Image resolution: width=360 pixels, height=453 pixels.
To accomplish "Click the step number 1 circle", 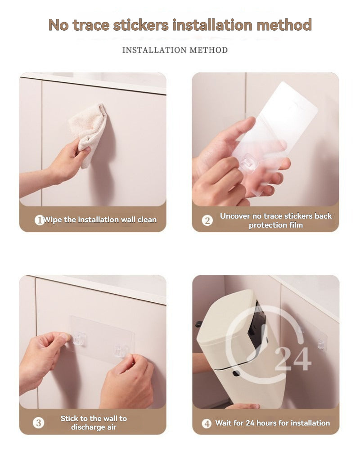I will click(x=39, y=220).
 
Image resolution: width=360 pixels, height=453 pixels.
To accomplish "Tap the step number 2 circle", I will click(x=207, y=220).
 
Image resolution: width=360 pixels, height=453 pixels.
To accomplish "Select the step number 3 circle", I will click(x=39, y=423).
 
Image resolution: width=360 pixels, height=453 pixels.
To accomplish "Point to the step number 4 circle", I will click(x=207, y=423).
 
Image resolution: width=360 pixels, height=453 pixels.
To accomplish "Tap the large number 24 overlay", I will click(x=292, y=358).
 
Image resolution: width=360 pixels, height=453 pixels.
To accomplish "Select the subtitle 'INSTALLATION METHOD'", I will click(x=175, y=49).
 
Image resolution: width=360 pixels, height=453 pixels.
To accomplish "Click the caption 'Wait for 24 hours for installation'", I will click(x=272, y=423).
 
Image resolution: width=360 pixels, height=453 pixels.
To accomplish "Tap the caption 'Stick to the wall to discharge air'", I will click(x=94, y=423).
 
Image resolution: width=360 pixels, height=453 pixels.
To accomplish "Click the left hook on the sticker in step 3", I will click(x=80, y=338).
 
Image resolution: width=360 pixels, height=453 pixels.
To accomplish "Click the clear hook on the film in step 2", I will click(x=248, y=161).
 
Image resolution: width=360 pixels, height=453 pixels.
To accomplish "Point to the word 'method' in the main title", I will click(x=284, y=25).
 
